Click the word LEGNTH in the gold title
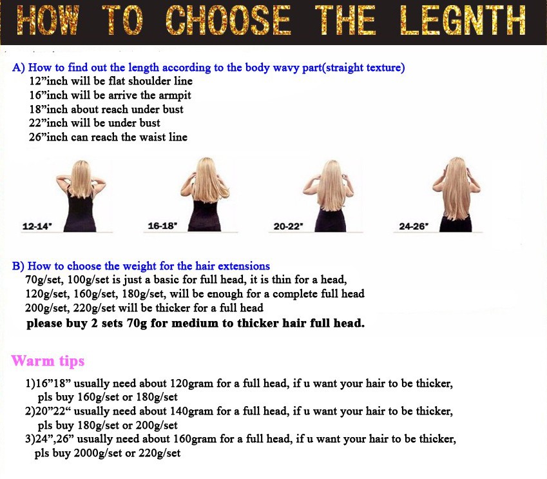coord(463,20)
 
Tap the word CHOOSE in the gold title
coord(228,20)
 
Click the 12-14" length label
coord(37,226)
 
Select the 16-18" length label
coord(162,226)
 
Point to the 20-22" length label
coord(288,226)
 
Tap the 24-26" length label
coord(414,226)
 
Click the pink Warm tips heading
coord(48,361)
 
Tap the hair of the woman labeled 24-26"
coord(456,188)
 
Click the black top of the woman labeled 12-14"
coord(81,213)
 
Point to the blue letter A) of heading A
coord(18,68)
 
